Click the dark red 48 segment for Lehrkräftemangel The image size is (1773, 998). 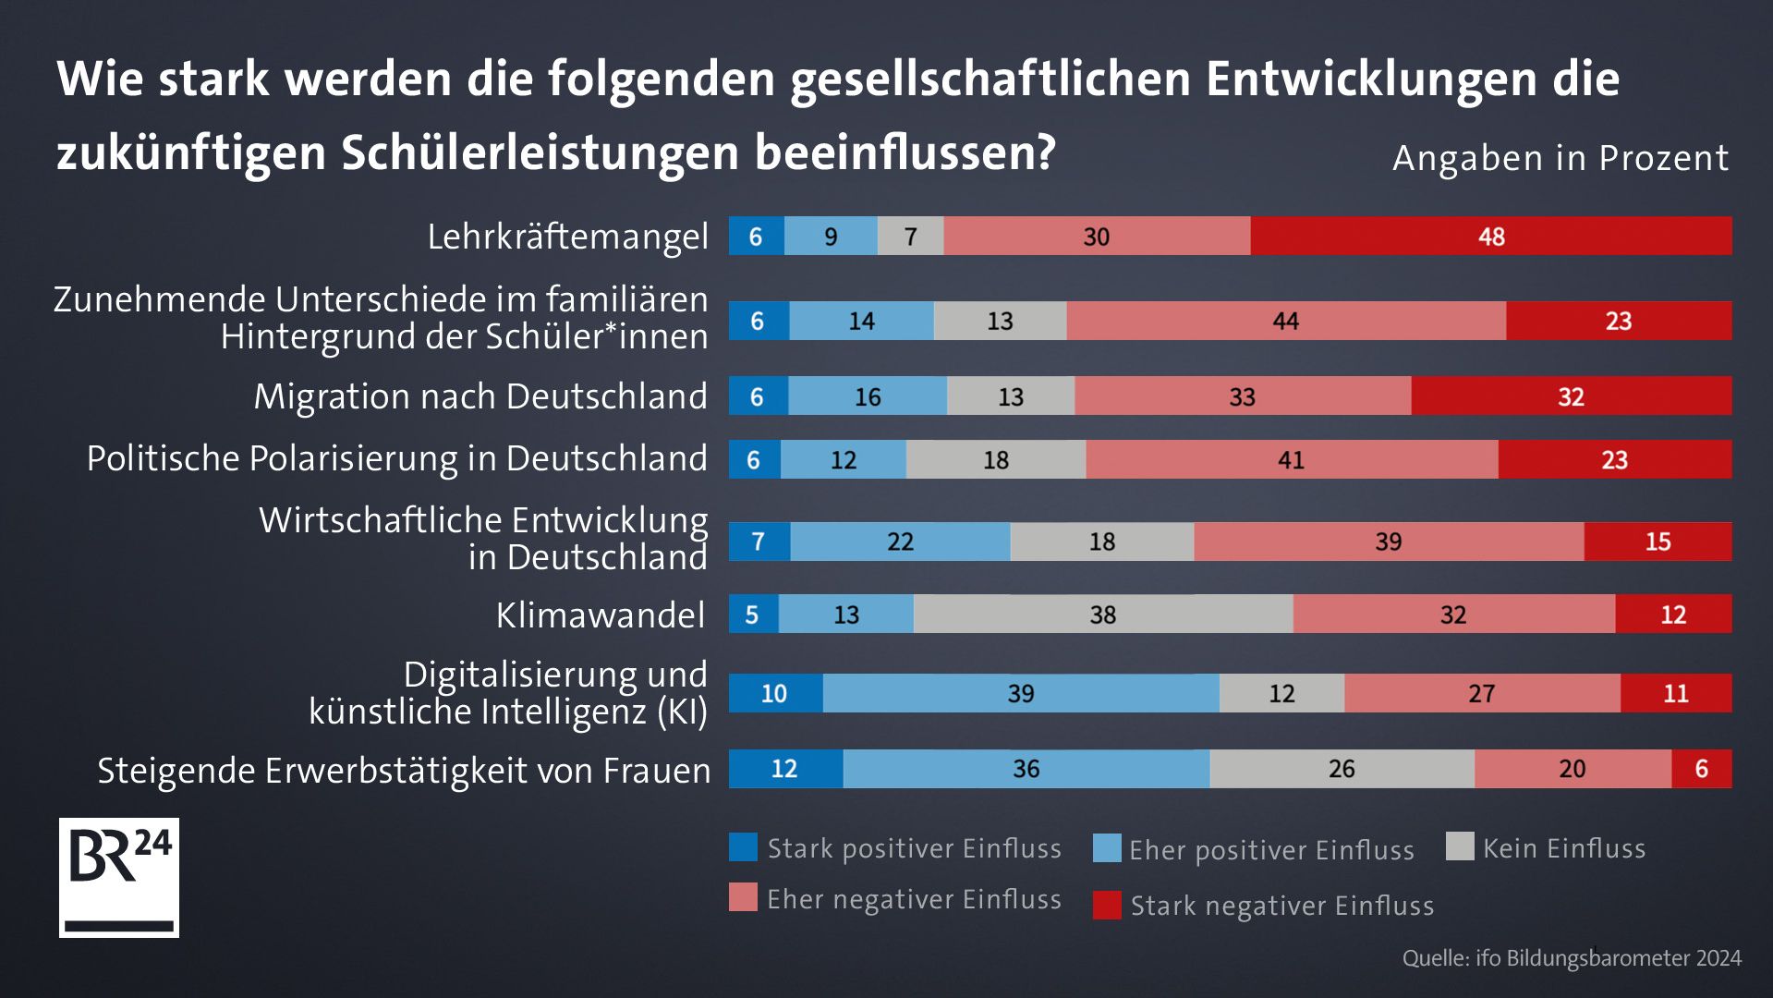click(x=1490, y=236)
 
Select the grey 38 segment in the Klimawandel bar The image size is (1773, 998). click(x=1102, y=614)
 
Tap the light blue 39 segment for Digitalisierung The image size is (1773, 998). click(x=1020, y=693)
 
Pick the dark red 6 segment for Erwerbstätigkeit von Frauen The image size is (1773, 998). click(x=1701, y=768)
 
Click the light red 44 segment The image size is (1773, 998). click(x=1285, y=321)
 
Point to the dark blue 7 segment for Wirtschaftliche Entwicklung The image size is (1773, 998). click(x=759, y=542)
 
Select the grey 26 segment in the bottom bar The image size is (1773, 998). click(x=1341, y=768)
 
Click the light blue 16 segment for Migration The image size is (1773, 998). click(x=867, y=396)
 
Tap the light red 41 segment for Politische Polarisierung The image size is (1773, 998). click(x=1291, y=459)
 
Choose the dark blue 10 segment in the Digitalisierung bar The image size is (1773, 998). click(x=774, y=693)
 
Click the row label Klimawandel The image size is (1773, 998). click(x=600, y=615)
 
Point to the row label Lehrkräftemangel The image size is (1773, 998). click(x=567, y=237)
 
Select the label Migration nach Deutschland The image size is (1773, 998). click(x=480, y=396)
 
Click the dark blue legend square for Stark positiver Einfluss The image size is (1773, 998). click(x=743, y=847)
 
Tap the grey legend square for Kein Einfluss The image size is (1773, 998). click(x=1459, y=846)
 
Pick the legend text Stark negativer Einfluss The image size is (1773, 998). click(x=1281, y=906)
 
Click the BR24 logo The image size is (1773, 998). click(x=119, y=877)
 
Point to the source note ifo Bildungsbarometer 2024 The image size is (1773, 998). click(x=1571, y=958)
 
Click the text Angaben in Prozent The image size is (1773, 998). click(x=1560, y=158)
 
